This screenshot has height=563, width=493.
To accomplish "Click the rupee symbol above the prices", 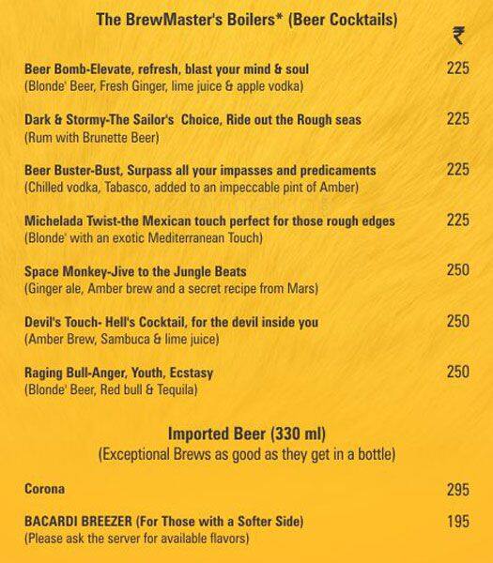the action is point(457,37).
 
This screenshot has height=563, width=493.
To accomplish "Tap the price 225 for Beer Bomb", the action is point(457,68).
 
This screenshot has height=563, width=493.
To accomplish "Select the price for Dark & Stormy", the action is point(457,119).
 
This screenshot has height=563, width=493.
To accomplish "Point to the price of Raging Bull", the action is point(457,373).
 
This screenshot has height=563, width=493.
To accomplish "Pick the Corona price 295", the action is point(457,490).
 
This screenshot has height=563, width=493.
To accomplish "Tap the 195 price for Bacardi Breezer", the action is point(457,521).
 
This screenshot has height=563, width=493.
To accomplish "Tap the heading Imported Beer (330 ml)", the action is point(245,434).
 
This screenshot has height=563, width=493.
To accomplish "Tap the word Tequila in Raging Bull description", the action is point(177,390).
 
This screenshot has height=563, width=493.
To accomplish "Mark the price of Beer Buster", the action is point(457,170).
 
